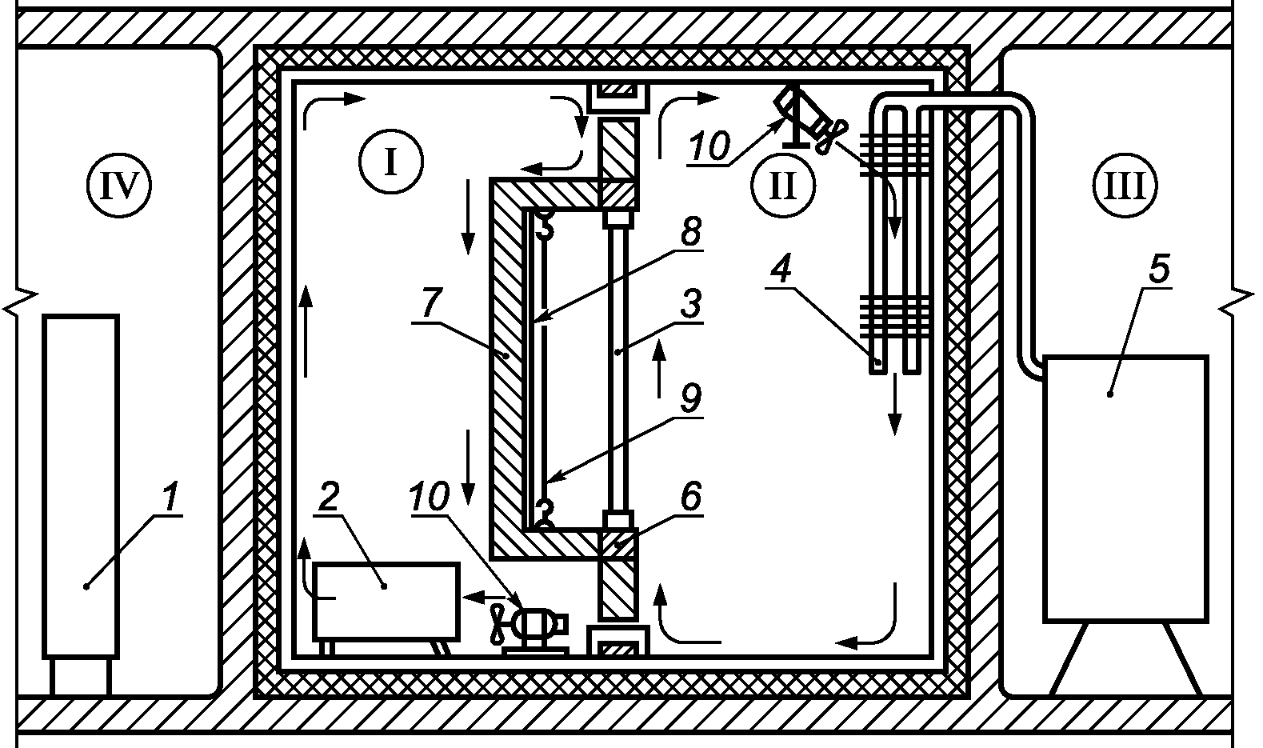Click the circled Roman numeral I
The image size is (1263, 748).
pyautogui.click(x=390, y=162)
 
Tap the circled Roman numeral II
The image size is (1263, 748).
pyautogui.click(x=782, y=186)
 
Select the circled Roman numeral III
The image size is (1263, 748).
pyautogui.click(x=1125, y=185)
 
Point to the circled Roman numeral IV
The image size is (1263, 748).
pyautogui.click(x=119, y=185)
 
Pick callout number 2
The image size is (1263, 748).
pyautogui.click(x=329, y=497)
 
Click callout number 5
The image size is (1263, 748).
pyautogui.click(x=1159, y=270)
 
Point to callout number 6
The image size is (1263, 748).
pyautogui.click(x=691, y=496)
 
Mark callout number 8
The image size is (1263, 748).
pyautogui.click(x=691, y=231)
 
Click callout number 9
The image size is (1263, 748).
pyautogui.click(x=691, y=398)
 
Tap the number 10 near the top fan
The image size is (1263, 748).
pyautogui.click(x=709, y=146)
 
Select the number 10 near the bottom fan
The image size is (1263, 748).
pyautogui.click(x=430, y=497)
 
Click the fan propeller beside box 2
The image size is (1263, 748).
pyautogui.click(x=498, y=623)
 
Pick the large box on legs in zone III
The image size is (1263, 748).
pyautogui.click(x=1125, y=489)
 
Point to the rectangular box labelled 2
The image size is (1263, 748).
pyautogui.click(x=386, y=602)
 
